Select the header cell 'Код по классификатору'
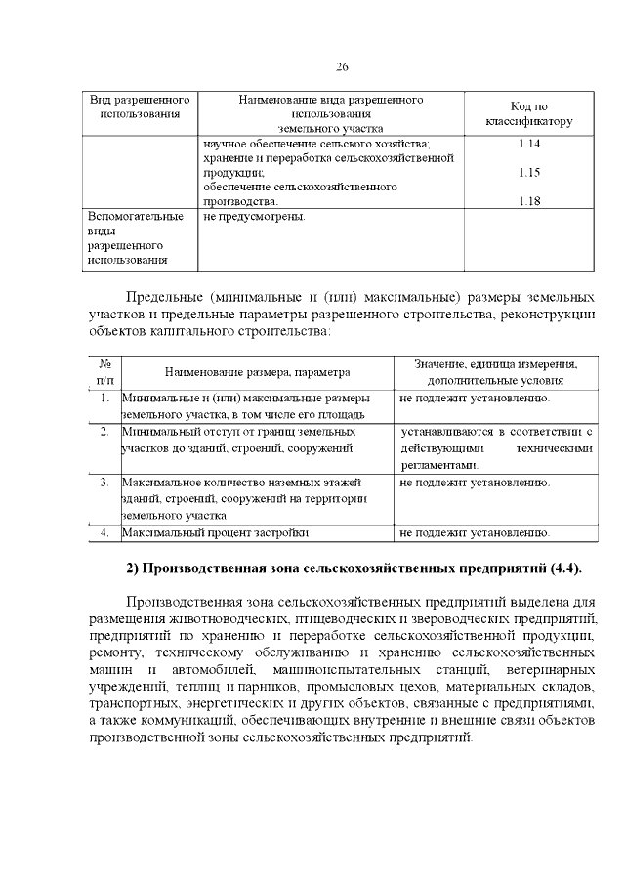[528, 114]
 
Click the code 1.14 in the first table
[528, 145]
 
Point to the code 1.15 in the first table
[528, 173]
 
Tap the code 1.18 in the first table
[528, 201]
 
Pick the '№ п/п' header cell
[104, 370]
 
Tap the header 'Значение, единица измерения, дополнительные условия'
[495, 370]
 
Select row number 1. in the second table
[104, 399]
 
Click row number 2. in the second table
[104, 431]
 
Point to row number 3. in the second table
[104, 483]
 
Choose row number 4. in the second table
[104, 533]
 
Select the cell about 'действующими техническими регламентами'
[496, 448]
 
